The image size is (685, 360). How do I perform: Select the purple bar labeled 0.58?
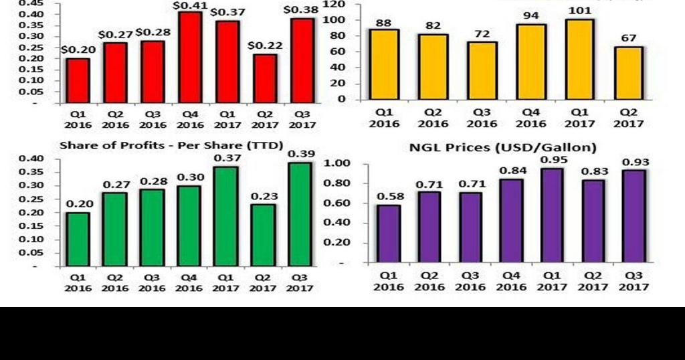[x=389, y=234]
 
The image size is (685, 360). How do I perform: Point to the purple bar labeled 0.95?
[x=552, y=215]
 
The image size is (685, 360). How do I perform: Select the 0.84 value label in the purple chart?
[x=512, y=170]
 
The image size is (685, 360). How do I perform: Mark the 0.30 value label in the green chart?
[x=191, y=177]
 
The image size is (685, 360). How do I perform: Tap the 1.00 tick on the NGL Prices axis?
[x=337, y=164]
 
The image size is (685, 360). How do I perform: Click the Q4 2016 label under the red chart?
[x=190, y=119]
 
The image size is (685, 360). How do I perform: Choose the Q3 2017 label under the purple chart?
[x=634, y=281]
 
